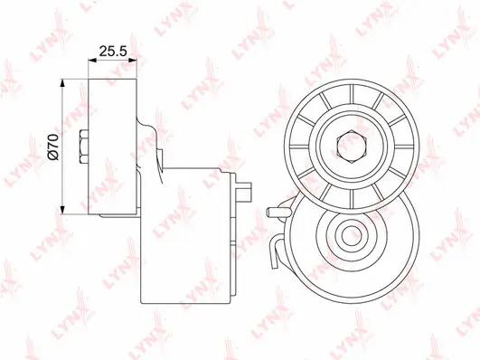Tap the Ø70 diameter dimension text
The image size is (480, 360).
(x=53, y=146)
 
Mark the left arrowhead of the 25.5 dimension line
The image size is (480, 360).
(x=91, y=62)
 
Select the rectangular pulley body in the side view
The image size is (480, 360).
(x=111, y=144)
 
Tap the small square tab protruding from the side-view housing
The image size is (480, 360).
(x=246, y=191)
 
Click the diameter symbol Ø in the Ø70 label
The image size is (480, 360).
(x=53, y=156)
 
